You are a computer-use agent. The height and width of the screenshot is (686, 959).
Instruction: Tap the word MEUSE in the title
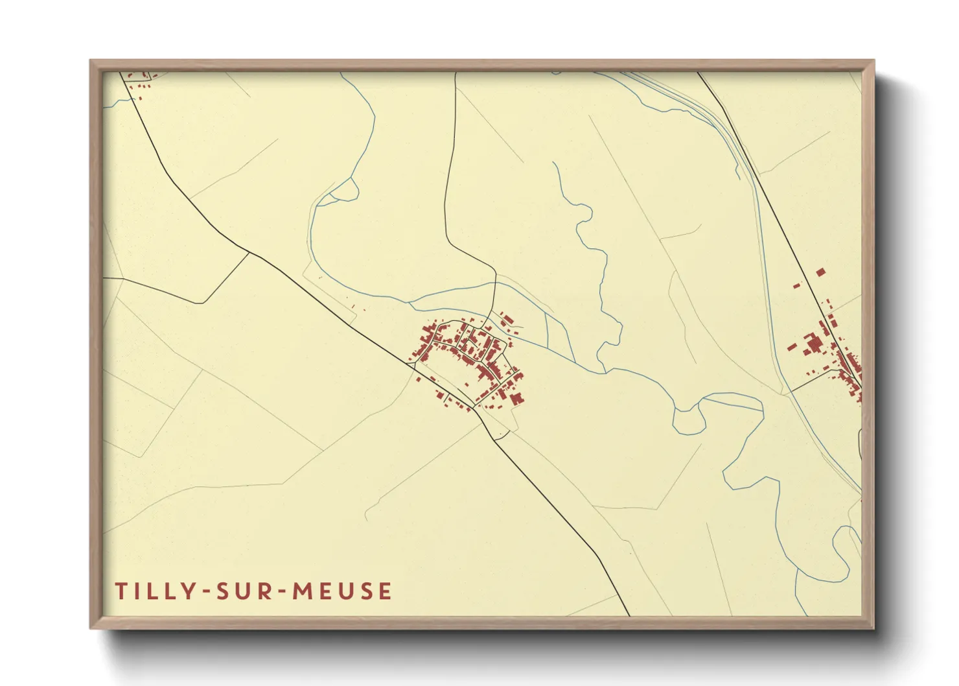342,591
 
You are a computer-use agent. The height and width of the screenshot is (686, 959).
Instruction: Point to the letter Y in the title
189,591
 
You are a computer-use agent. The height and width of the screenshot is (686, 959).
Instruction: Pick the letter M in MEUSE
301,591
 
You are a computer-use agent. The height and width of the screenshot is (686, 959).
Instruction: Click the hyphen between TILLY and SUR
206,591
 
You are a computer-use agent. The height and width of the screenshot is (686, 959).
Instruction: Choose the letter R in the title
265,591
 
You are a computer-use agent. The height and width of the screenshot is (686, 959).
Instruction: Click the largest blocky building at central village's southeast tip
516,398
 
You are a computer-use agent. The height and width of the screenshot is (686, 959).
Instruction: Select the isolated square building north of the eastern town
820,272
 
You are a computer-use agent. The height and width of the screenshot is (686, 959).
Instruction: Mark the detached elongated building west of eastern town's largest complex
792,347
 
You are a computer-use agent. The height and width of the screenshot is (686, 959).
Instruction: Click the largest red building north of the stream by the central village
507,320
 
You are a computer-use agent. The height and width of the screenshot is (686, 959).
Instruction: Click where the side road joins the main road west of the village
249,253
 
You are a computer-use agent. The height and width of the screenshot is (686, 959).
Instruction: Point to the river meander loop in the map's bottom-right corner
842,548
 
